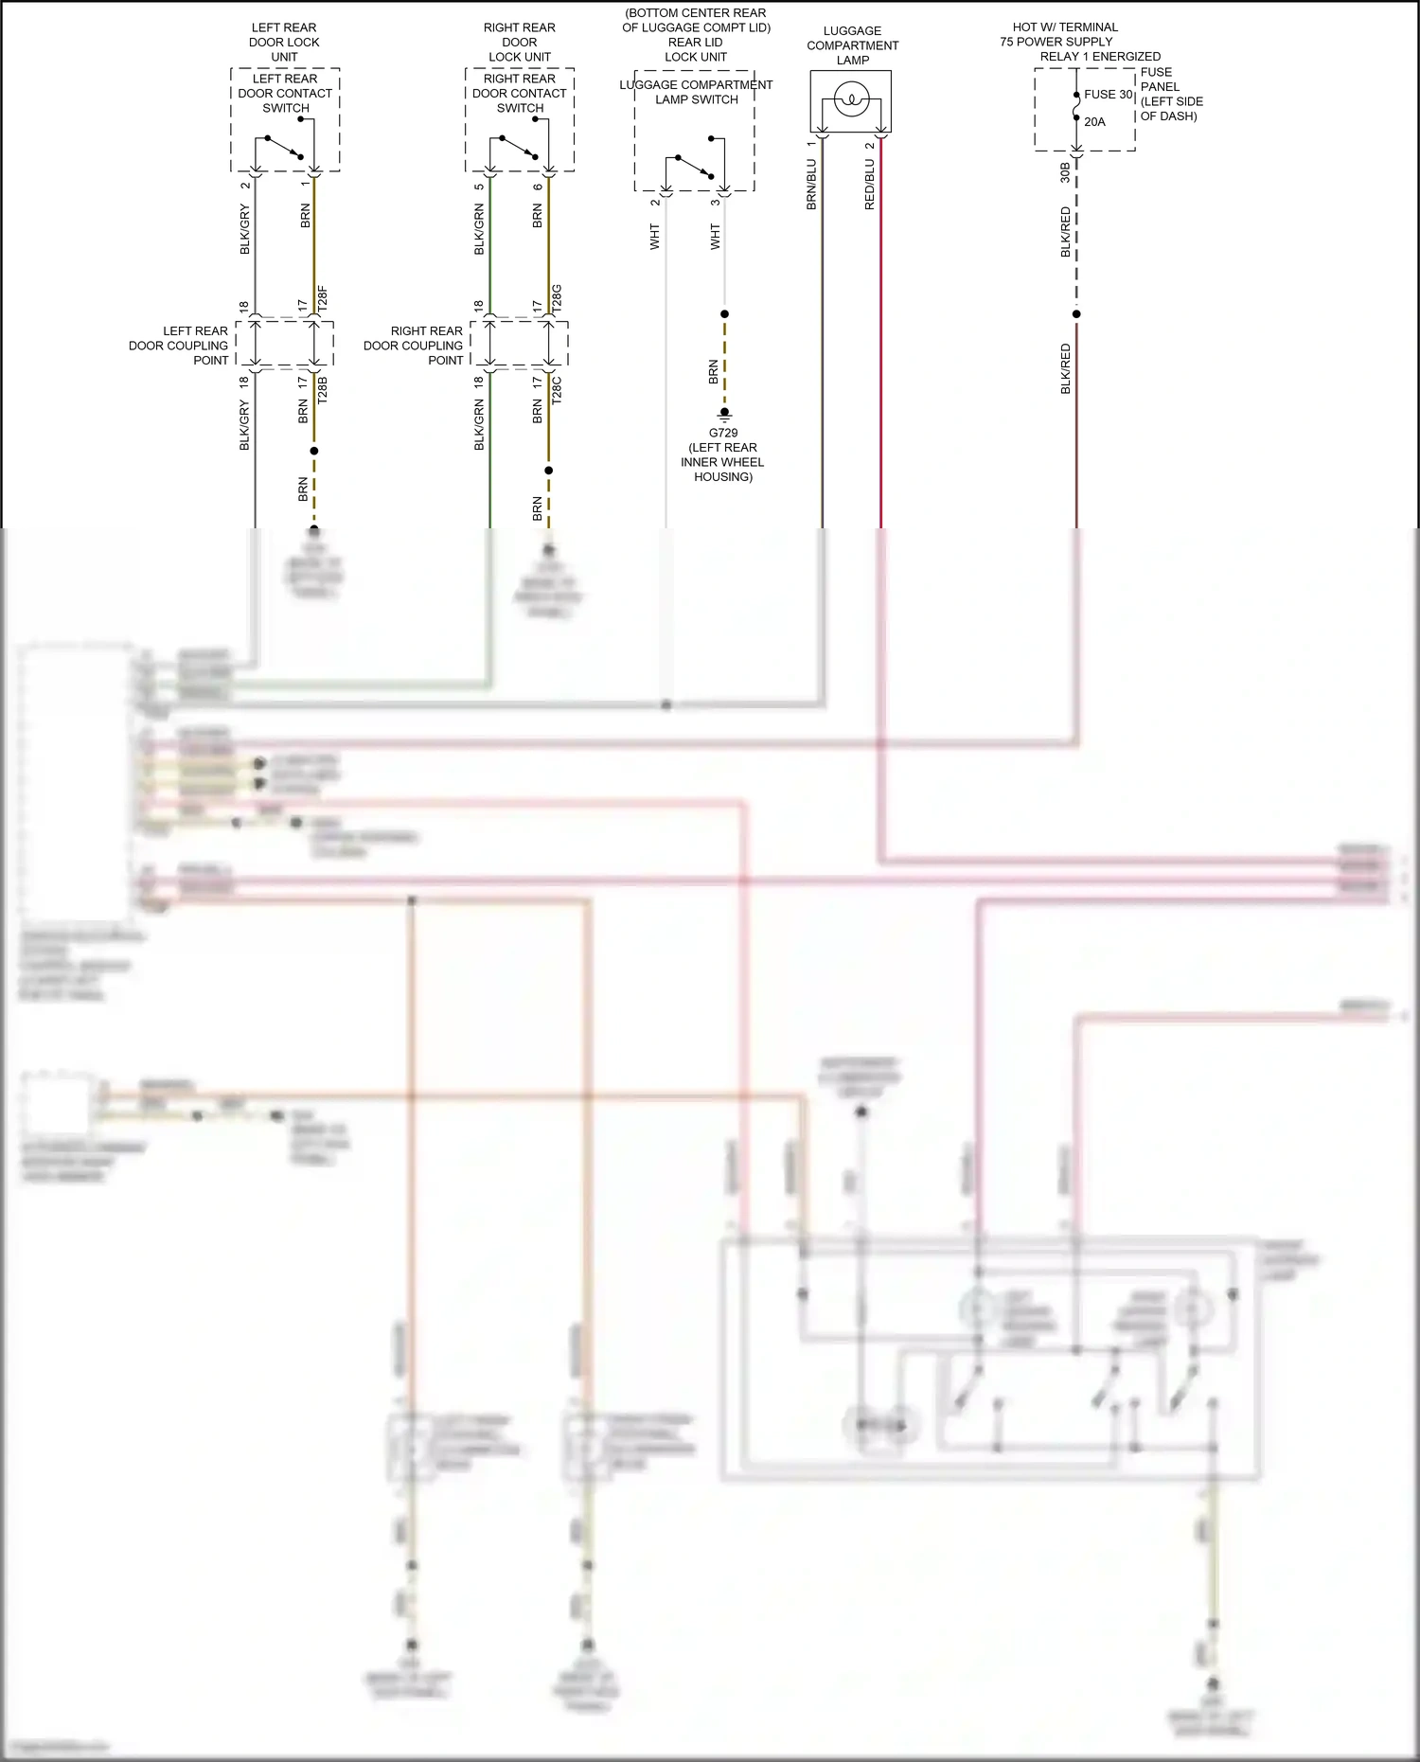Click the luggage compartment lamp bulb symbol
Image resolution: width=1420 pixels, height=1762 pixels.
point(851,98)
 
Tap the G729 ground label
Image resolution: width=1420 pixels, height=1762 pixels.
point(723,433)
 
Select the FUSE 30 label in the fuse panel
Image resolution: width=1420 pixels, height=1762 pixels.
point(1108,95)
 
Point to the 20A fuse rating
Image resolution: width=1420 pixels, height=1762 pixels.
point(1094,122)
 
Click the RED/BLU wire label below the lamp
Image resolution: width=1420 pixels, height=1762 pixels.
point(869,184)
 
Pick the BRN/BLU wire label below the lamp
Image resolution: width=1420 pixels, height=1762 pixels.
point(811,184)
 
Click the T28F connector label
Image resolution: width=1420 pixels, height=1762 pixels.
point(322,299)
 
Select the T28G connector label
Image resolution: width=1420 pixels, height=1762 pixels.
point(557,298)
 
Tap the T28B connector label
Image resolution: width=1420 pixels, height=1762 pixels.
point(322,390)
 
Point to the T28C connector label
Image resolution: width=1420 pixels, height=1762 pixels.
point(557,390)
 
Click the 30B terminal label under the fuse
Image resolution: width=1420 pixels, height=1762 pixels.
point(1065,172)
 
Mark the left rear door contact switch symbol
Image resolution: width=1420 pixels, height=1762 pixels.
point(284,148)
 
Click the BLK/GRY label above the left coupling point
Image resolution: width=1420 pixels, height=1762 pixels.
point(244,230)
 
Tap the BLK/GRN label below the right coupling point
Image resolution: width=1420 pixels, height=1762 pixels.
point(479,424)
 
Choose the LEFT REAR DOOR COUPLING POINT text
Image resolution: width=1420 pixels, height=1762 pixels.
point(179,346)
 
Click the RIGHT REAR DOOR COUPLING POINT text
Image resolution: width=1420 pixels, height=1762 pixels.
point(414,346)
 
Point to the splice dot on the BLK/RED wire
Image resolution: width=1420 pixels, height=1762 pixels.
point(1076,314)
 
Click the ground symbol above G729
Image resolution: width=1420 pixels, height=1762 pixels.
point(724,414)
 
